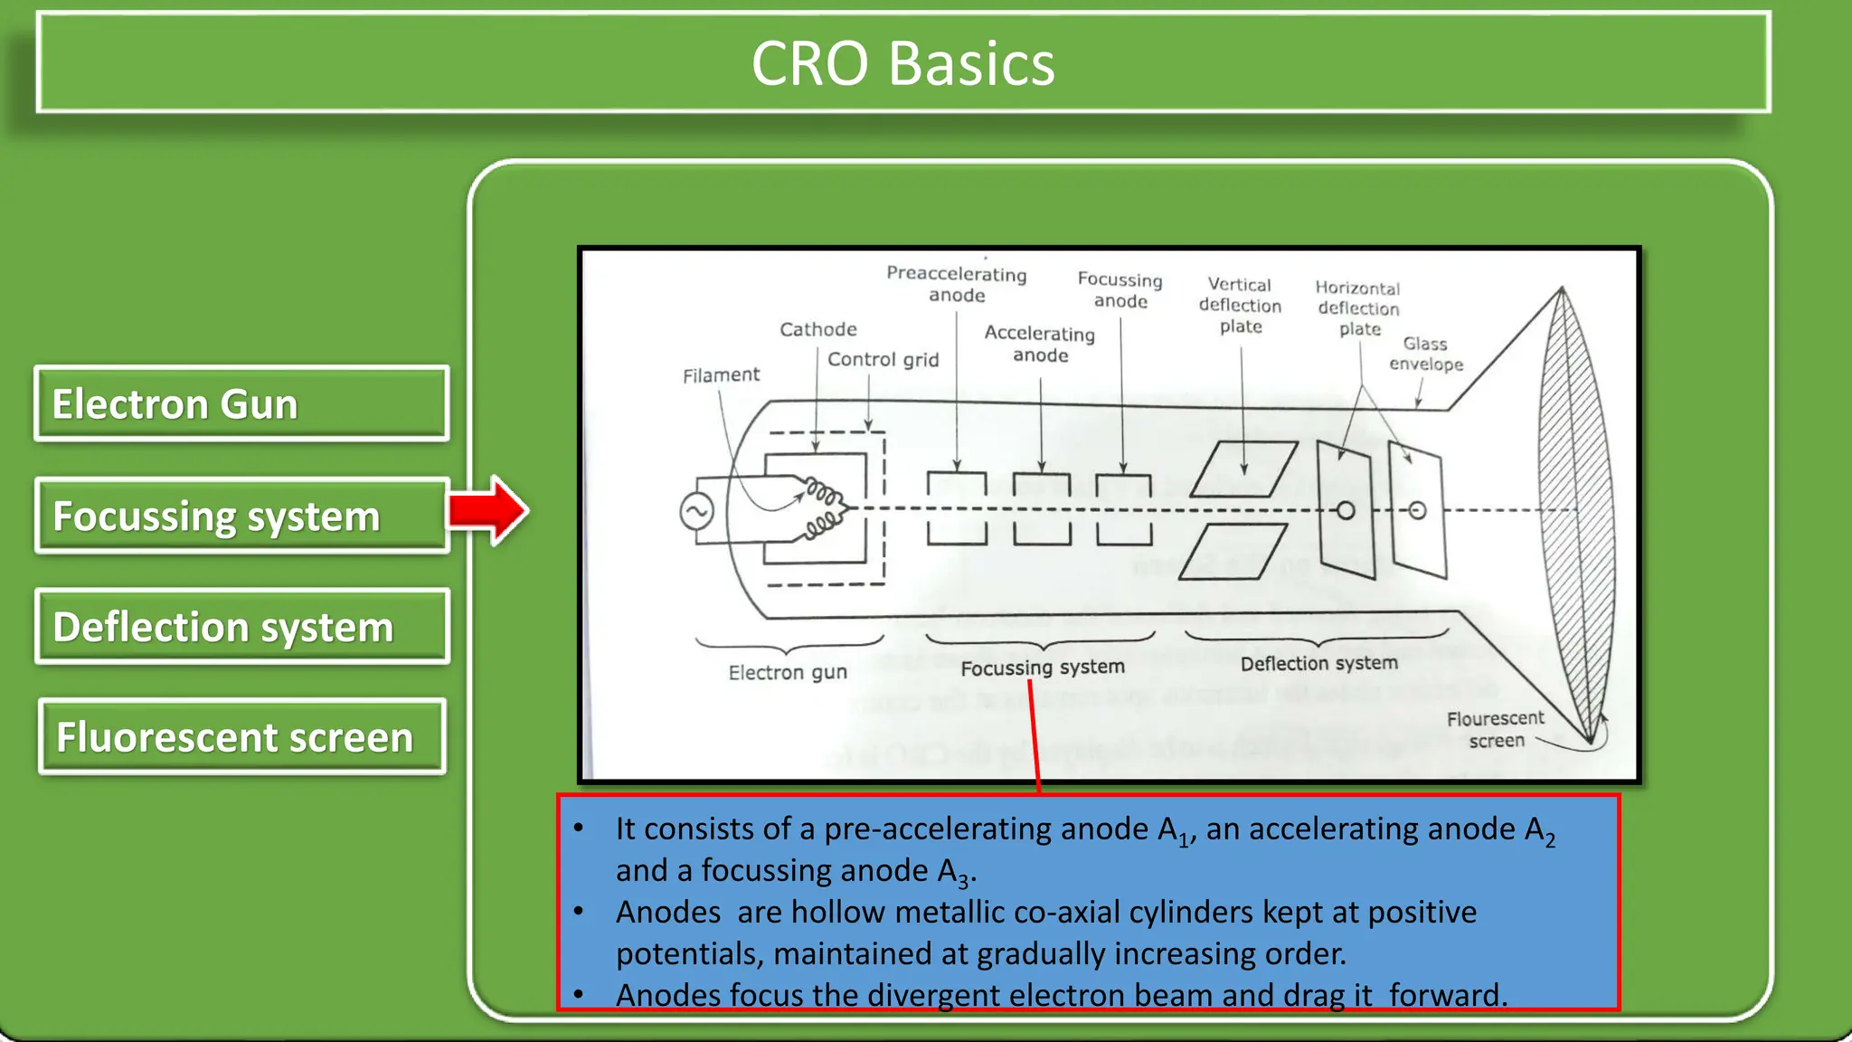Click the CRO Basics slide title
tap(902, 63)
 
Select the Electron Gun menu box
tap(241, 403)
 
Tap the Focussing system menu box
tap(241, 516)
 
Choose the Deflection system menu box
tap(241, 627)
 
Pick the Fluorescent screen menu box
tap(241, 737)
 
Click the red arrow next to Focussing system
tap(488, 510)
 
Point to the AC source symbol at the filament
tap(696, 512)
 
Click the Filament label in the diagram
tap(721, 374)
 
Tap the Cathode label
tap(818, 329)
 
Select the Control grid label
tap(883, 359)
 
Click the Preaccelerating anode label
tap(957, 284)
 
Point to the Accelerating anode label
tap(1040, 344)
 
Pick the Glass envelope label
tap(1426, 354)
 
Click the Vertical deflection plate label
tap(1241, 306)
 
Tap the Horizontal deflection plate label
tap(1358, 308)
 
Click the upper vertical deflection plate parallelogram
tap(1243, 469)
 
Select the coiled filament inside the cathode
tap(822, 510)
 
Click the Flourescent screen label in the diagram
tap(1496, 729)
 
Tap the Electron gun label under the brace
tap(788, 672)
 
